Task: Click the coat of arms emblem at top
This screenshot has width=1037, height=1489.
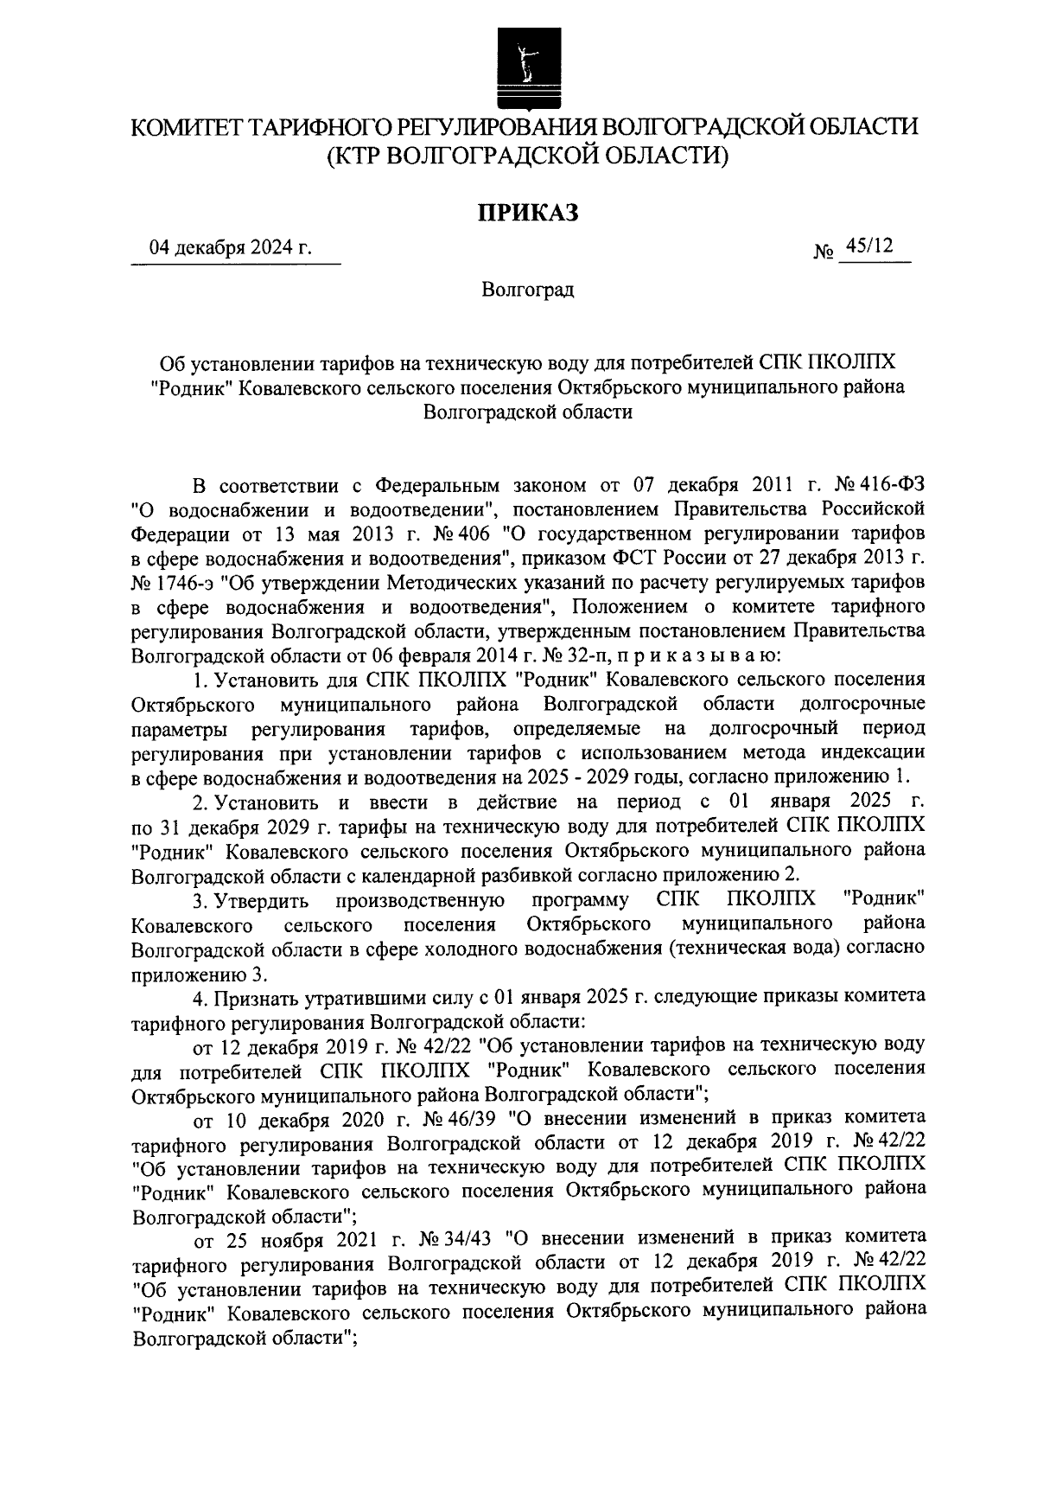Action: [x=521, y=65]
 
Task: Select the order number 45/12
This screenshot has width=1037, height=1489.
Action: [x=869, y=247]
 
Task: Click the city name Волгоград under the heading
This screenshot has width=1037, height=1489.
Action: [x=528, y=290]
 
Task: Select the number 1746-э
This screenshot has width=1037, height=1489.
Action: [x=181, y=577]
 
